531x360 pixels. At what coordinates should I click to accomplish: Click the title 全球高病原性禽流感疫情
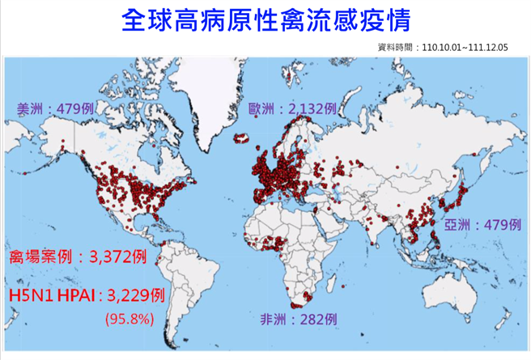pos(265,20)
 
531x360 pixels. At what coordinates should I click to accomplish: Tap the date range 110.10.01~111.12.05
pos(465,48)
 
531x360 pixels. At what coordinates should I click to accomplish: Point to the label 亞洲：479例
pos(483,224)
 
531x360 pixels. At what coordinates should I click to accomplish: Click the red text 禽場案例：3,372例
pos(78,257)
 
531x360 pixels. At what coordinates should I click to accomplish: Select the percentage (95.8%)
pos(129,318)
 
